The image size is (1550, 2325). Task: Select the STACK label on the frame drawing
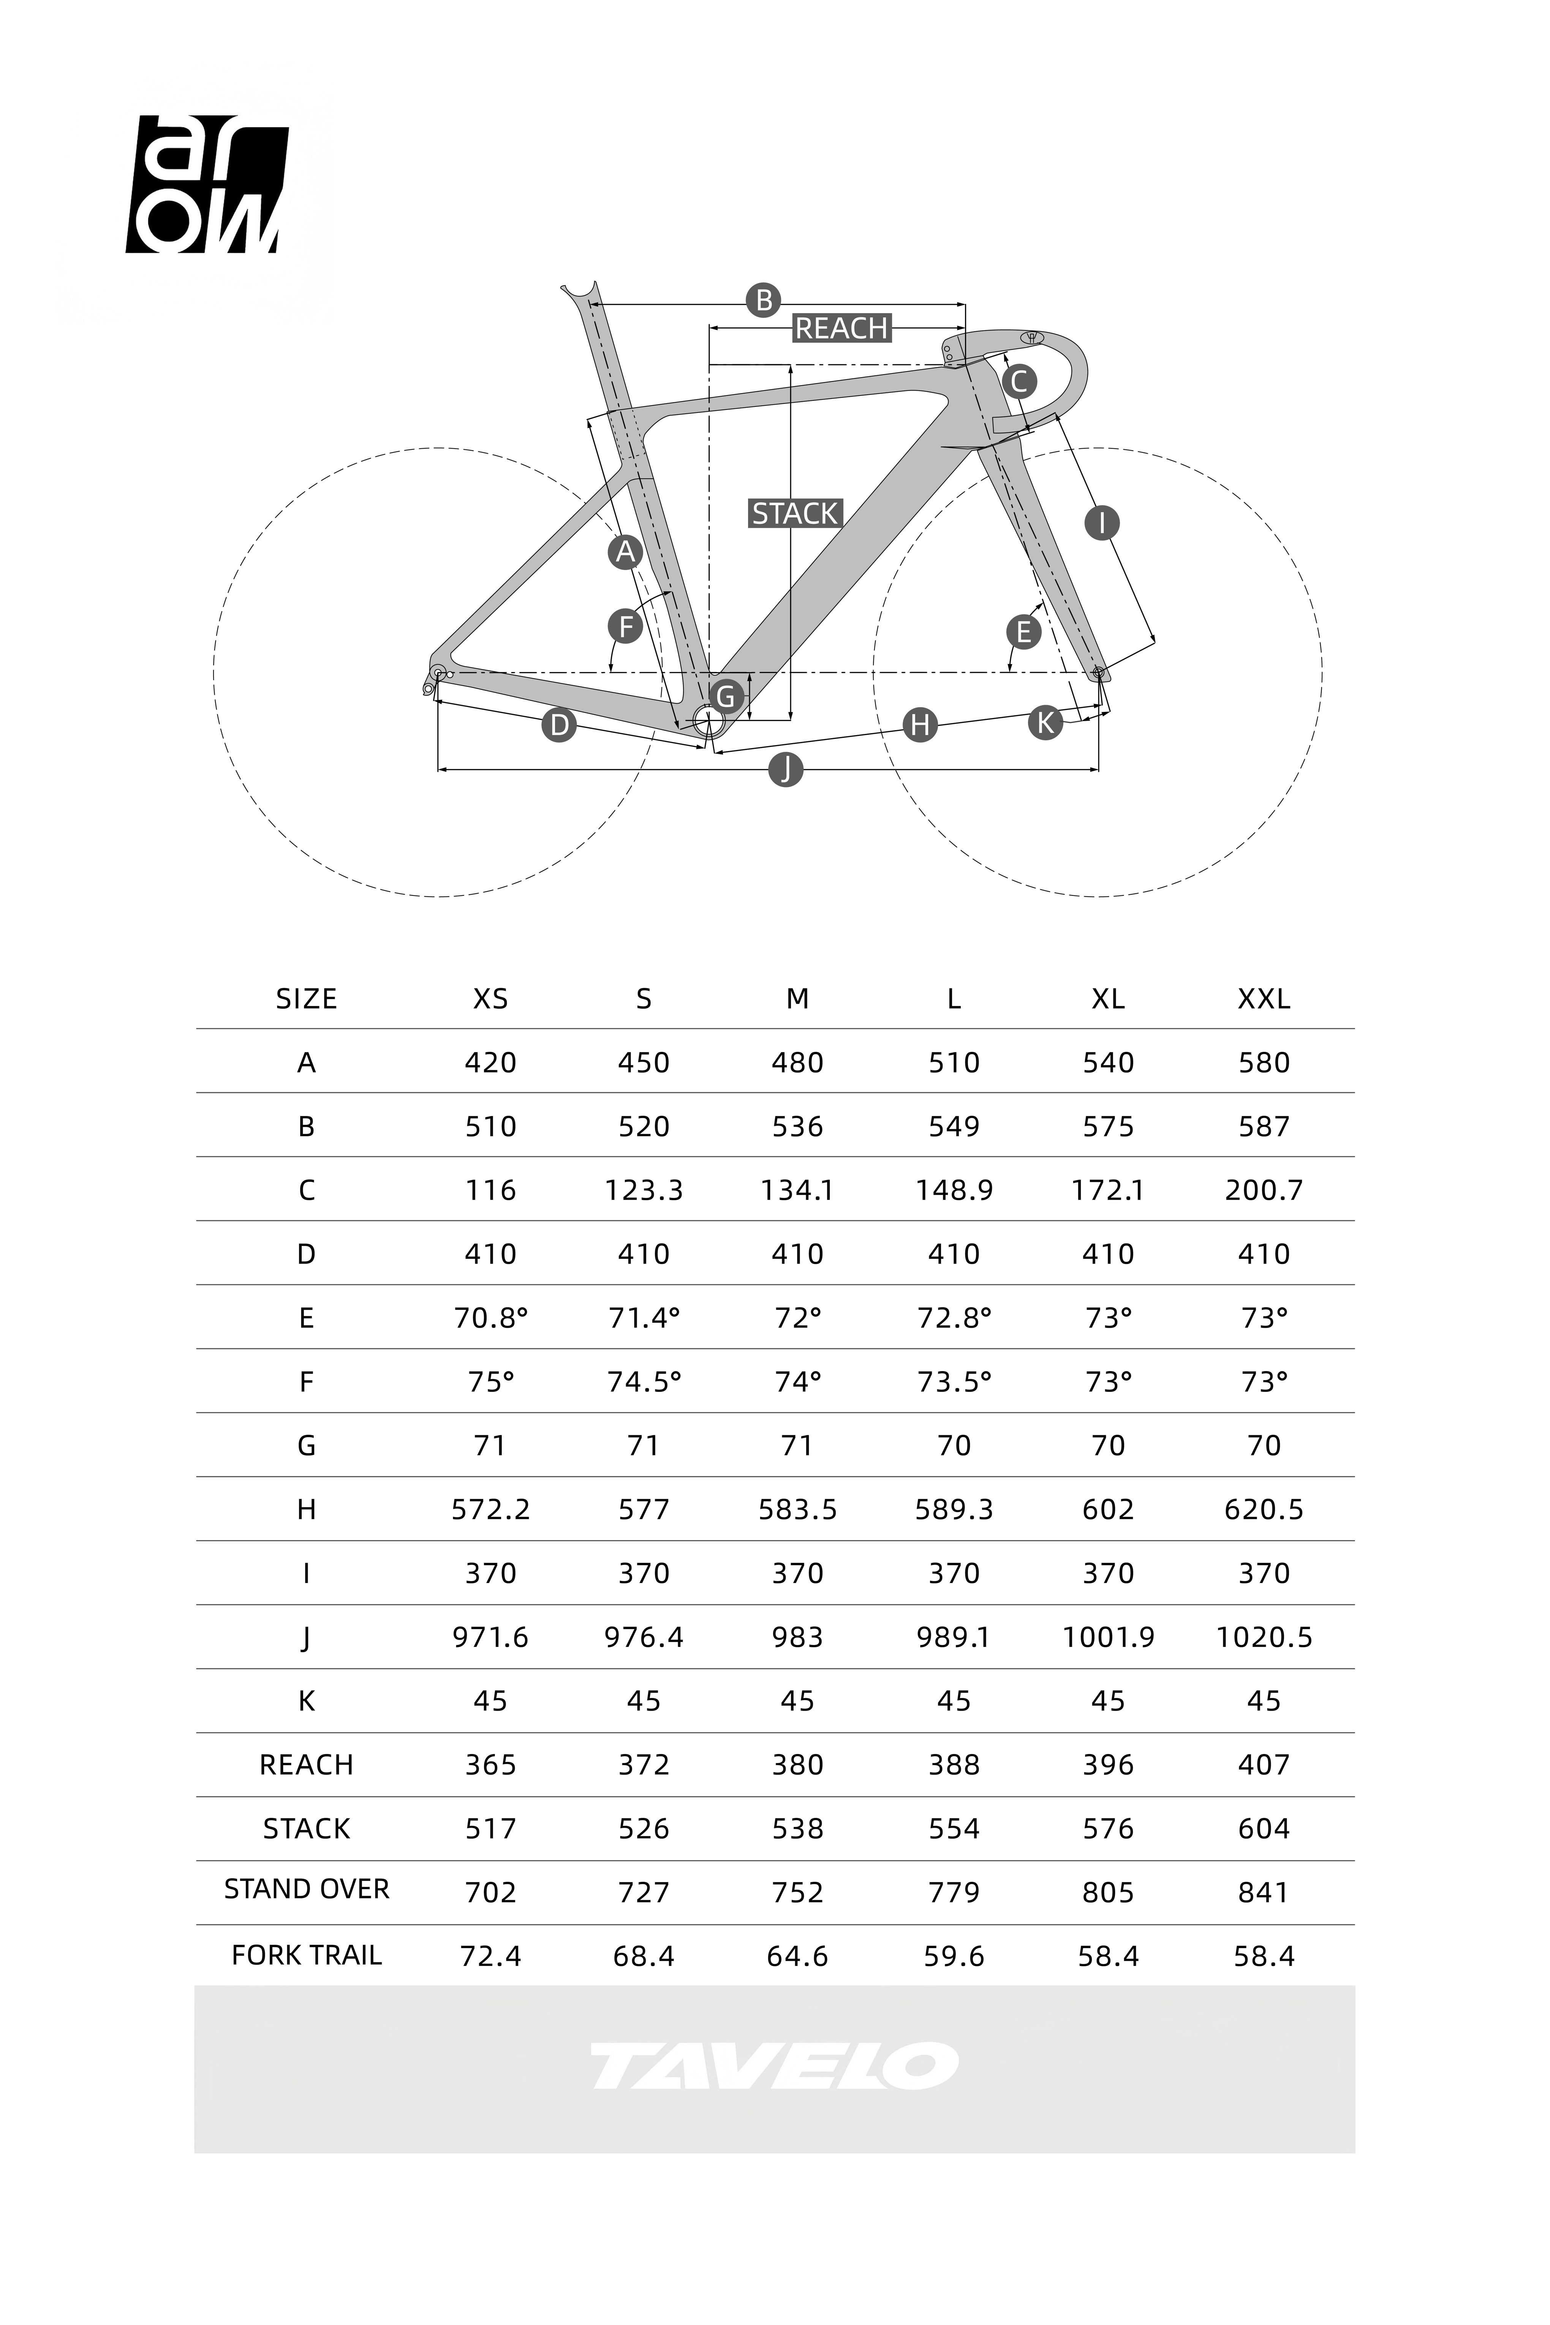point(795,514)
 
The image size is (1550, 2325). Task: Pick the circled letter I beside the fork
point(1101,522)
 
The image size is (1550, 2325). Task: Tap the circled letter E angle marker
point(1023,632)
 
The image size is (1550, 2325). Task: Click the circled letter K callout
point(1045,723)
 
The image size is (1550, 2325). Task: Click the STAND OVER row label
point(307,1889)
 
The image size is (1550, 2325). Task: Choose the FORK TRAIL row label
point(307,1955)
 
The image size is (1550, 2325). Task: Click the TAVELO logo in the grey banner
point(774,2067)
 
